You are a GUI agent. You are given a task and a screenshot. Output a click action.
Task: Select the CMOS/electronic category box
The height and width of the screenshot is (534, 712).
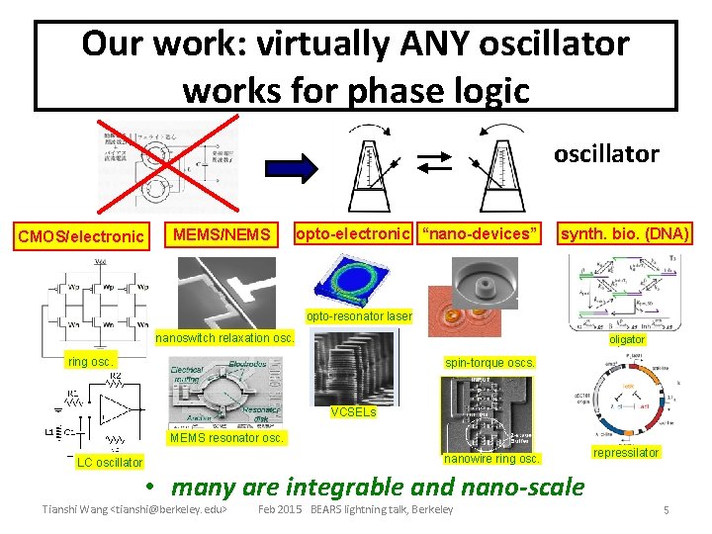80,236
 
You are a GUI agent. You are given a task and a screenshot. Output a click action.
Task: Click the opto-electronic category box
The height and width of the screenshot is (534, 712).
354,233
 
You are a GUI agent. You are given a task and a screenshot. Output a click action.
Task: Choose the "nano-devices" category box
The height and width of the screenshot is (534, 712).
480,233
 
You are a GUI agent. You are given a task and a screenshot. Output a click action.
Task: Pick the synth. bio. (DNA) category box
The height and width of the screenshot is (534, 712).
625,233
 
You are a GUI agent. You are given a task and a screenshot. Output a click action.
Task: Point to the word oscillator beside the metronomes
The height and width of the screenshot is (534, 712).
605,154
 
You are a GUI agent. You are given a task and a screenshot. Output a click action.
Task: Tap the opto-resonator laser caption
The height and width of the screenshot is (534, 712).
358,316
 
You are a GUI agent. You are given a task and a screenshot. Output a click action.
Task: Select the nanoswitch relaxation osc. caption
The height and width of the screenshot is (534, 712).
232,337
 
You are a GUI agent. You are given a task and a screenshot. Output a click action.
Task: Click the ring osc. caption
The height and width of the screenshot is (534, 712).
90,361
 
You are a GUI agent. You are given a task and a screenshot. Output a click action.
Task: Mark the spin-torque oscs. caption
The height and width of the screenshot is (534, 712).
490,362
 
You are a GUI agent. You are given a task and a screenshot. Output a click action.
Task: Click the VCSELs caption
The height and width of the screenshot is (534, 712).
353,411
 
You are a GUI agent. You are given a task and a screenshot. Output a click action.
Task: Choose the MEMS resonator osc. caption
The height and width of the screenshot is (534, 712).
226,437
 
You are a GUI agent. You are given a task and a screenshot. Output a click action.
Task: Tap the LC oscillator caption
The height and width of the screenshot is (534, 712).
111,462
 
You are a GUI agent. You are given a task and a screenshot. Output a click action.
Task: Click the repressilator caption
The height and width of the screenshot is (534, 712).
625,452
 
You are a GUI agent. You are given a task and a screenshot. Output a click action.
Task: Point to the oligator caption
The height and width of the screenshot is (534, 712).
627,339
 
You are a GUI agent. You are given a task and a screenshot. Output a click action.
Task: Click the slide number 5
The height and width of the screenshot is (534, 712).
667,510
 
